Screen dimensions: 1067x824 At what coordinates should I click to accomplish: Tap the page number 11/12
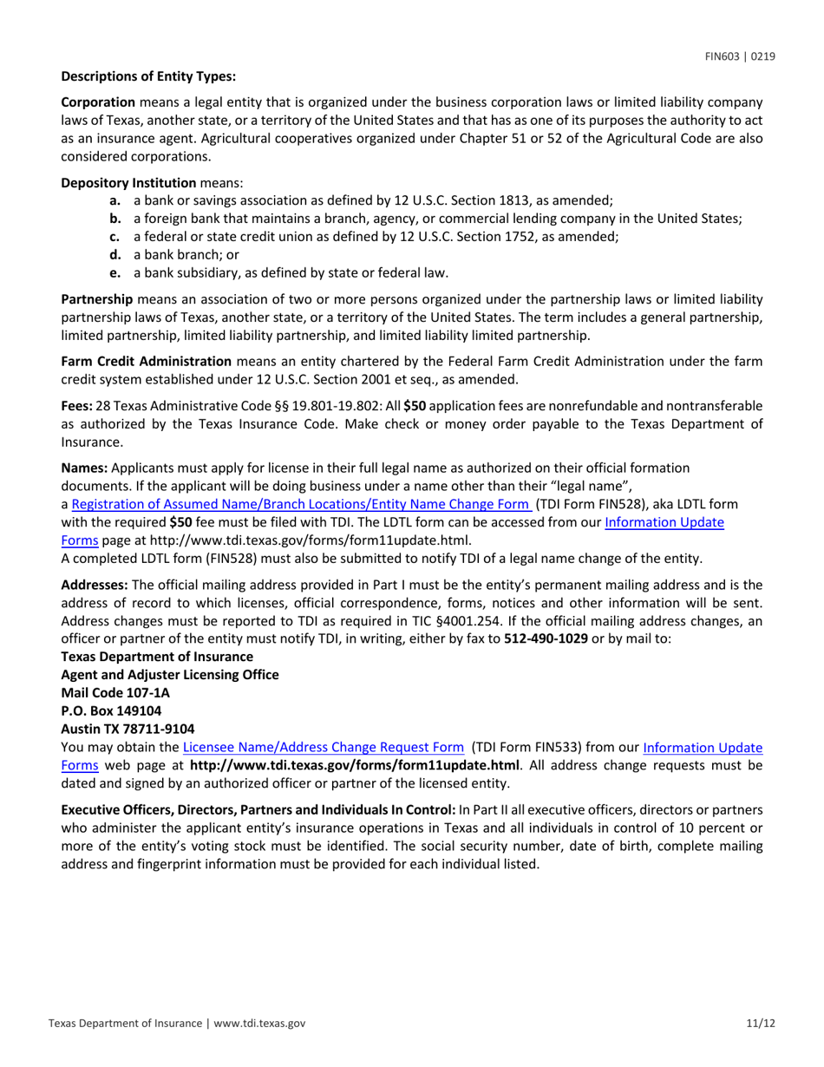click(759, 1024)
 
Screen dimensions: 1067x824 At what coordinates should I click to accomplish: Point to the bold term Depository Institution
click(128, 183)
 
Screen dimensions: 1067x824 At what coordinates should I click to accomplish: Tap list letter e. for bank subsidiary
click(114, 272)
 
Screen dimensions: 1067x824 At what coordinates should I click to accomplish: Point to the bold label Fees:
click(76, 405)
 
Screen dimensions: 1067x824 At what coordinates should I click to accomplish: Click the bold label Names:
click(82, 468)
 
